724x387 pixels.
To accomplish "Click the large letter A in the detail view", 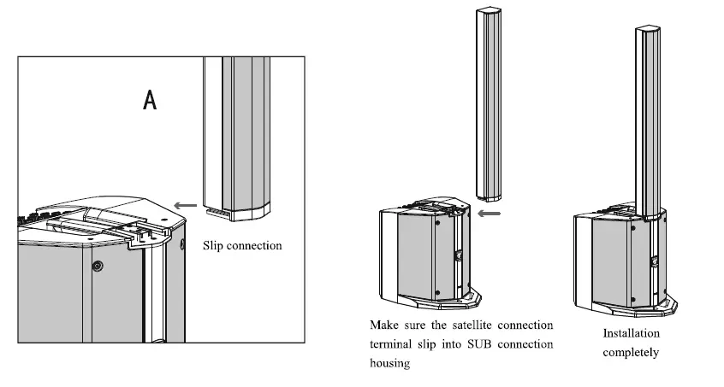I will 150,101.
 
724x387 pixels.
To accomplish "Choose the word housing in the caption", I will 390,363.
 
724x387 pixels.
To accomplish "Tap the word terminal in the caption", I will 392,344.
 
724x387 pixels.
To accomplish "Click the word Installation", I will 631,334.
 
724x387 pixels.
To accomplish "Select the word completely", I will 631,352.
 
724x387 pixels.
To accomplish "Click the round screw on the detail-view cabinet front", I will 98,266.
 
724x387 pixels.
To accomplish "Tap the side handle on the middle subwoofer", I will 459,254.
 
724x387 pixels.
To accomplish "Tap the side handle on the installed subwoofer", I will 655,261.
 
